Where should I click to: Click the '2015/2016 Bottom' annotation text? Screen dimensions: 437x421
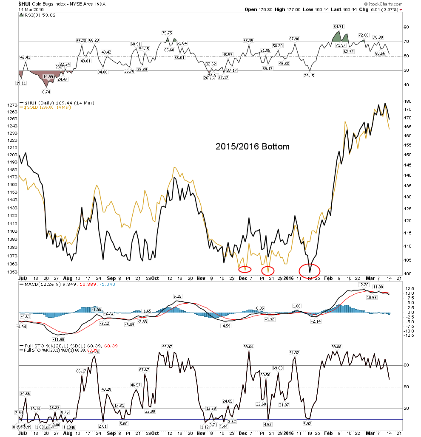(252, 147)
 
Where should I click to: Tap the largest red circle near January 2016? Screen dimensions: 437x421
(309, 270)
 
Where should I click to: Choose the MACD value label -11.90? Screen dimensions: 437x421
(58, 339)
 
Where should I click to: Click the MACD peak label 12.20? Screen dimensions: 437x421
(364, 285)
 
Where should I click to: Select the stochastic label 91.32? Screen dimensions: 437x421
(295, 352)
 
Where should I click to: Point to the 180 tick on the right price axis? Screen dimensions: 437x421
(407, 101)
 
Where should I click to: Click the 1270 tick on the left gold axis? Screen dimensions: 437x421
(12, 104)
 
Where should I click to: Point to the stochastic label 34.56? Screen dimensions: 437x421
(26, 394)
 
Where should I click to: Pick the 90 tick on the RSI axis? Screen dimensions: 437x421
(406, 27)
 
